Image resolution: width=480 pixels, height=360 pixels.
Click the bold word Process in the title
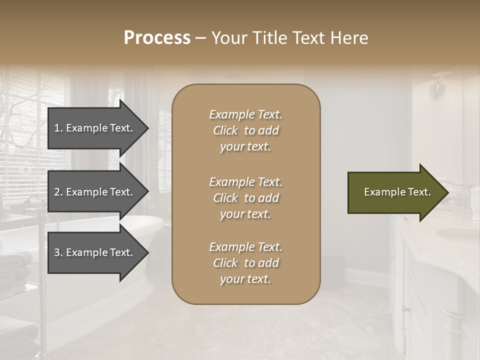pos(157,37)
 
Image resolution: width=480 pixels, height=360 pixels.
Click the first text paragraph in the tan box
pos(246,130)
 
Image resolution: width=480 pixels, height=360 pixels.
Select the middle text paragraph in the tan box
pos(246,198)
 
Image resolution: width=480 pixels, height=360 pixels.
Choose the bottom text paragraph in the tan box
pos(246,263)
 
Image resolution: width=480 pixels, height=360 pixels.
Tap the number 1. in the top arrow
pos(58,128)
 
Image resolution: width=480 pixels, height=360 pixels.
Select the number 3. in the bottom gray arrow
pos(58,252)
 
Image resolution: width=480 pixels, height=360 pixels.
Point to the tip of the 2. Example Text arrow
pos(147,192)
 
